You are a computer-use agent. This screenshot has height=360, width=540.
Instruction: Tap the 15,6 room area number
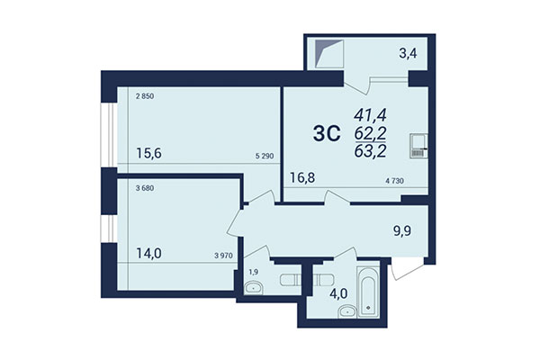(149, 155)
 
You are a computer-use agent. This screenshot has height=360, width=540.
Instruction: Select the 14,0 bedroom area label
(149, 255)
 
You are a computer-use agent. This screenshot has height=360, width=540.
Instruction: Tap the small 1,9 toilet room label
(252, 271)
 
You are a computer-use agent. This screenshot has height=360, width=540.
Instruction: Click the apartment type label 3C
(325, 134)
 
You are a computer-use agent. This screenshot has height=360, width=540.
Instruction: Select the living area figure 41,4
(370, 115)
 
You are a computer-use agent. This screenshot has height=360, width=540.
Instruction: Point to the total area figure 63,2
(370, 150)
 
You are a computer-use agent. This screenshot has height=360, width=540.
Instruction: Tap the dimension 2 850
(144, 95)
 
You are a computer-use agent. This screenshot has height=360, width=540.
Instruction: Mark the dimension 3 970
(225, 256)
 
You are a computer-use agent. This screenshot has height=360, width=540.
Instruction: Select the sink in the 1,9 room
(253, 288)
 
